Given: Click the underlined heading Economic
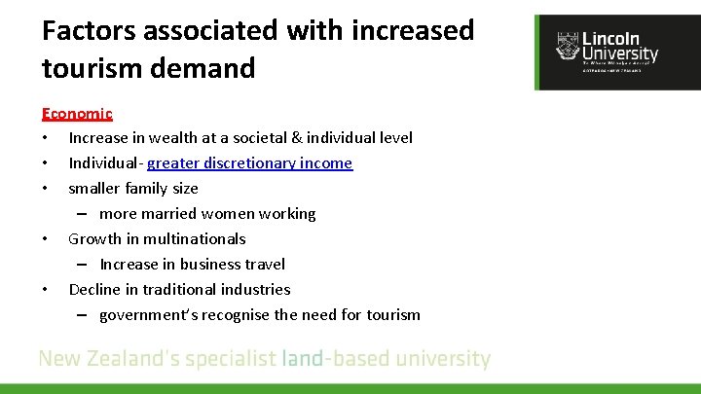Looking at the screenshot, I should click(x=77, y=114).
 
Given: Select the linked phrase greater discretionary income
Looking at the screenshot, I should click(x=249, y=163).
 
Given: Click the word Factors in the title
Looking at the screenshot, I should click(x=89, y=30).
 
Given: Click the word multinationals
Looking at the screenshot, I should click(x=197, y=239).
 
